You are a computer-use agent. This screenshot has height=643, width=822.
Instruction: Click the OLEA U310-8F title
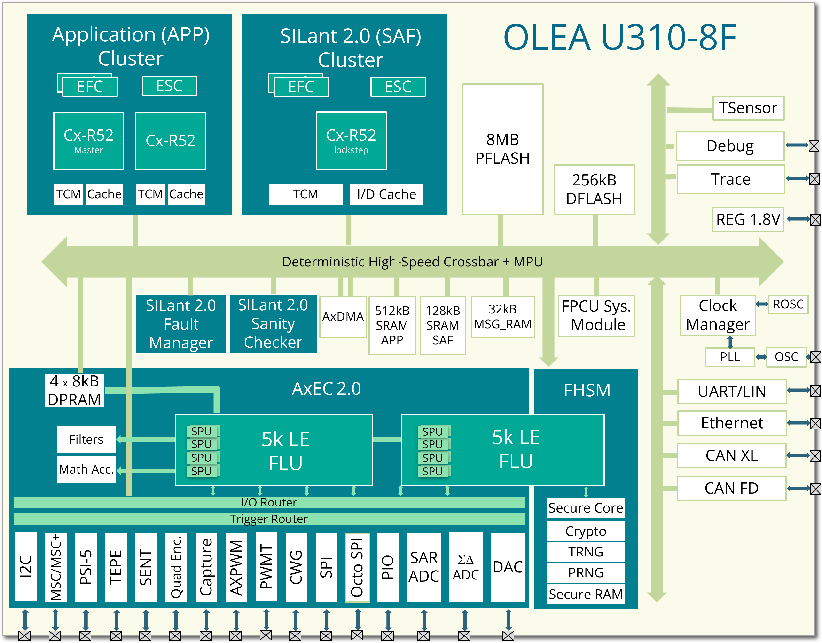coord(619,38)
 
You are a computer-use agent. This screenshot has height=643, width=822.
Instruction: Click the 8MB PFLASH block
coord(502,149)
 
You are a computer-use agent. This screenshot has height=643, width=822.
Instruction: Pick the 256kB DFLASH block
coord(594,189)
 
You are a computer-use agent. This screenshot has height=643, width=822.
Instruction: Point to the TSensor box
coord(748,108)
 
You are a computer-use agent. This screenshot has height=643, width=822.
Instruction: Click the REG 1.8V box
coord(748,219)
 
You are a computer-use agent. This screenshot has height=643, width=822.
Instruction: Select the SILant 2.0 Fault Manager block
coord(181,324)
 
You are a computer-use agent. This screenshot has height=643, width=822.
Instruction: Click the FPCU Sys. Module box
coord(596,316)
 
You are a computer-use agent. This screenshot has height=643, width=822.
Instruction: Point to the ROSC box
coord(788,304)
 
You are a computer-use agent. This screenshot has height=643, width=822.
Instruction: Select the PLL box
coord(730,357)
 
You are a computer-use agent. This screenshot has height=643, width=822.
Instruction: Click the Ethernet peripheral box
coord(732,423)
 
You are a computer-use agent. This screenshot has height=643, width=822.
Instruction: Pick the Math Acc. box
coord(86,469)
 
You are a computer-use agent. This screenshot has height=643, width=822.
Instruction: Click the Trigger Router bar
coord(269,519)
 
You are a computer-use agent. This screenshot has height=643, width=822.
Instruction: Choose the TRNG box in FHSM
coord(586,552)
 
